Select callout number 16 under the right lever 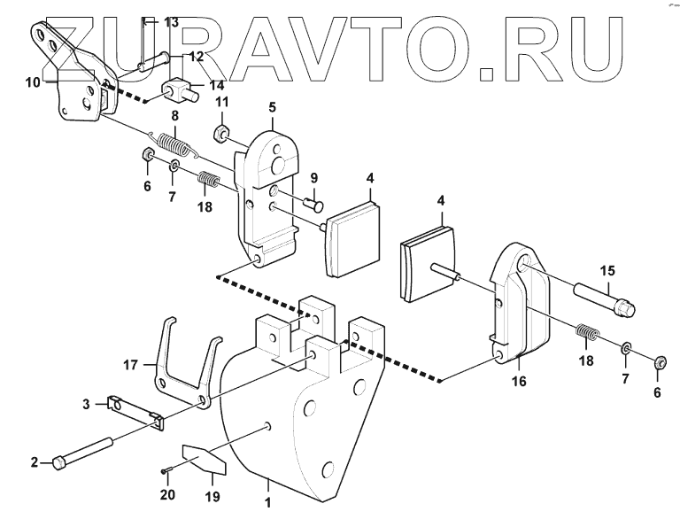[x=519, y=381]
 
